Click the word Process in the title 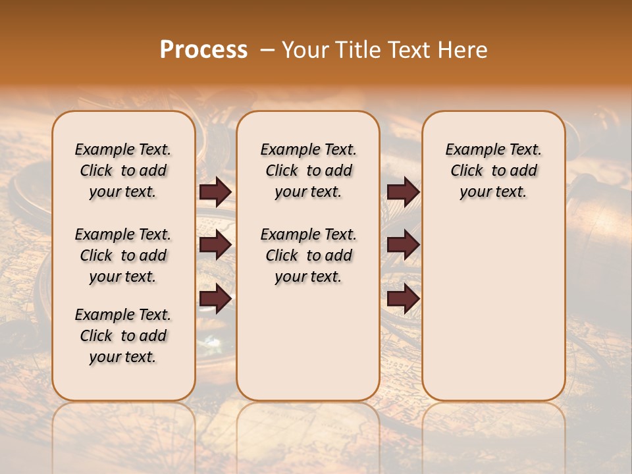pos(203,50)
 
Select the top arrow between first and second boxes pos(215,192)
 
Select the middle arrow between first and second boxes pos(215,246)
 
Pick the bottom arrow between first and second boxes pos(215,298)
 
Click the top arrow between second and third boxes pos(403,192)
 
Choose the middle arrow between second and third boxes pos(403,246)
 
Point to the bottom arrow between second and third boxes pos(403,298)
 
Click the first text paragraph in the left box pos(123,171)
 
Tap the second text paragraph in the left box pos(123,255)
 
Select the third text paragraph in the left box pos(123,336)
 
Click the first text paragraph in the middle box pos(308,171)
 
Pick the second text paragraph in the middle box pos(308,255)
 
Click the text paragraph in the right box pos(493,171)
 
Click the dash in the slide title pos(267,50)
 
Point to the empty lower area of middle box pos(308,342)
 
